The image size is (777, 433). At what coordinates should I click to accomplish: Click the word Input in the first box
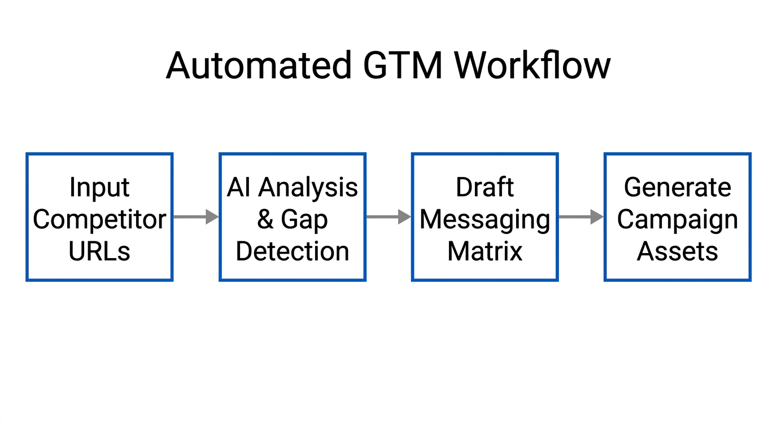click(99, 187)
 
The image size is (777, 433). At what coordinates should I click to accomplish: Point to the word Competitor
click(99, 219)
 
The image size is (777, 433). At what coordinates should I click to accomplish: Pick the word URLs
click(99, 251)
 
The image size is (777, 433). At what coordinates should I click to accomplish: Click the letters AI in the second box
click(238, 187)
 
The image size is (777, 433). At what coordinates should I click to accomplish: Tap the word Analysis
click(308, 187)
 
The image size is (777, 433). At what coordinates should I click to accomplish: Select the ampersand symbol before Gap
click(265, 219)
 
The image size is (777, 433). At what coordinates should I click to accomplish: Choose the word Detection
click(293, 251)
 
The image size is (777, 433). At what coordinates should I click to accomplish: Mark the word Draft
click(485, 187)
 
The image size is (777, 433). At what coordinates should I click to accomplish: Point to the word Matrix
click(485, 251)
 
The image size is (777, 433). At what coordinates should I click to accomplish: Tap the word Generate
click(678, 187)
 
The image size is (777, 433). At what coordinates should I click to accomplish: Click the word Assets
click(678, 251)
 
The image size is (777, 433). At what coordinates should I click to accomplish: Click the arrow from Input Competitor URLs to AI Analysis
click(196, 216)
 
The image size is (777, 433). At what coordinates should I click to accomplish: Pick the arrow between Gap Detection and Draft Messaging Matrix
click(388, 216)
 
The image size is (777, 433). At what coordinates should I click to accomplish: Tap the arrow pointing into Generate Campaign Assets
click(581, 216)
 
